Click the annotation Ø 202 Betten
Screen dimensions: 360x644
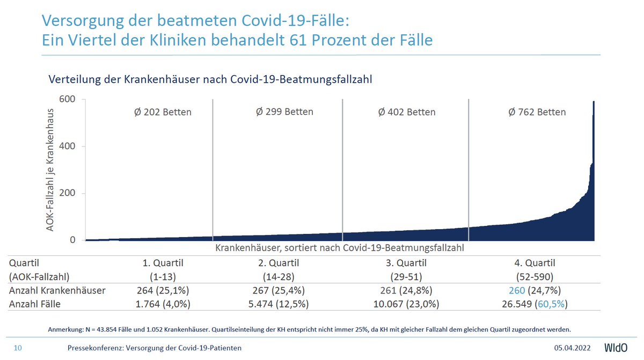[163, 112]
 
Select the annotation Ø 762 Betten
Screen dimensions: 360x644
[537, 112]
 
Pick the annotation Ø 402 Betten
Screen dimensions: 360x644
[407, 112]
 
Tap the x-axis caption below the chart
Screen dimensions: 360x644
[340, 248]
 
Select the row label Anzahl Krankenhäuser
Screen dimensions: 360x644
[57, 291]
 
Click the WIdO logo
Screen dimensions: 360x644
[615, 347]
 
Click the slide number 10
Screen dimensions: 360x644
[17, 348]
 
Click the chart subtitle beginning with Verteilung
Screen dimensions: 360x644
[210, 79]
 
